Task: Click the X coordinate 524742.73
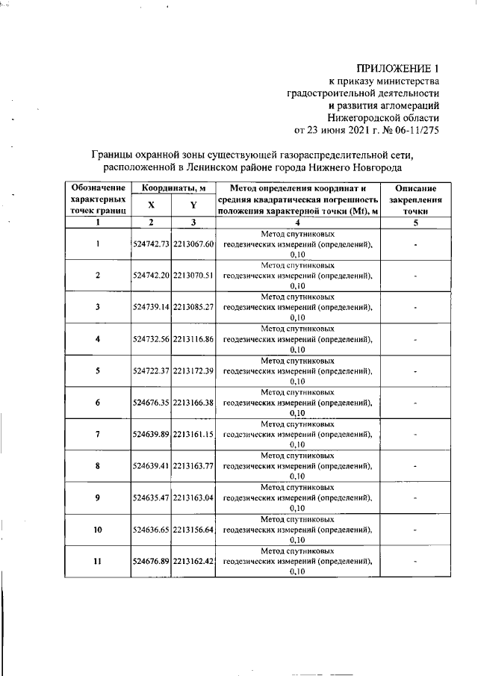click(151, 244)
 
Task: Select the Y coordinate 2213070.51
click(193, 276)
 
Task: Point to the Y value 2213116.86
click(193, 339)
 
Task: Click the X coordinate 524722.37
click(151, 371)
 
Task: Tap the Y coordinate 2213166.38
click(193, 403)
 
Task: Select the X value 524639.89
click(151, 435)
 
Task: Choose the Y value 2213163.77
click(193, 466)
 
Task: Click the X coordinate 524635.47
click(151, 498)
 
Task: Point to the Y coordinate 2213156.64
click(193, 530)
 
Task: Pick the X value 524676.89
click(151, 562)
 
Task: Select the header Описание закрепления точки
click(415, 200)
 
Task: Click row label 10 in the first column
click(97, 530)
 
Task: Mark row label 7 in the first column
click(97, 435)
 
